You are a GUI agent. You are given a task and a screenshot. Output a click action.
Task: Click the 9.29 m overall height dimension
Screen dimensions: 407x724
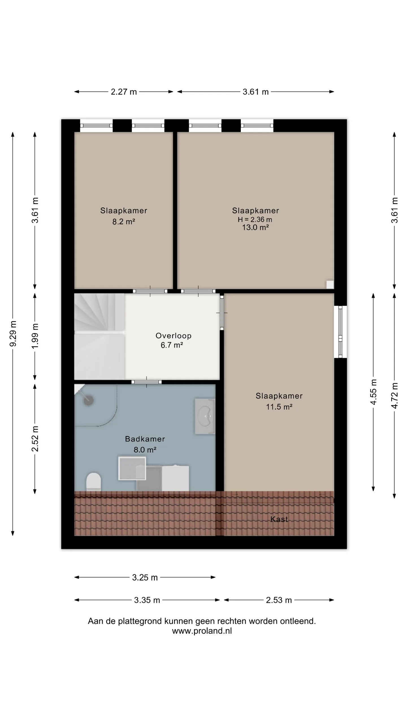point(13,334)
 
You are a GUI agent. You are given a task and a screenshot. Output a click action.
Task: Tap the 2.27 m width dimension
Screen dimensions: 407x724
point(124,92)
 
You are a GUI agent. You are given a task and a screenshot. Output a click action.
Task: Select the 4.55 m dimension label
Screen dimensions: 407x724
point(373,392)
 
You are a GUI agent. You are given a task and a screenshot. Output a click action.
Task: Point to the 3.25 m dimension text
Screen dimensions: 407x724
point(145,578)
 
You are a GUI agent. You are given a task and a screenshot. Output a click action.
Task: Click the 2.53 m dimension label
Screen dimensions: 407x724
point(279,600)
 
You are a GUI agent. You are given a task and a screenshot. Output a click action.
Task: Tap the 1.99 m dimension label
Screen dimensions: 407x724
point(35,336)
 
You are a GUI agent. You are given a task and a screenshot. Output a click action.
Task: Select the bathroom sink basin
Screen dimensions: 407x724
point(205,416)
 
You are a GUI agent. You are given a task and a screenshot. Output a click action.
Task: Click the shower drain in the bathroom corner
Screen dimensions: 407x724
point(88,400)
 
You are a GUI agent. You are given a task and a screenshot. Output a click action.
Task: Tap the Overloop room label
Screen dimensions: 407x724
point(173,336)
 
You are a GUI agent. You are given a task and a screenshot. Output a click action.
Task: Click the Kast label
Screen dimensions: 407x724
point(279,519)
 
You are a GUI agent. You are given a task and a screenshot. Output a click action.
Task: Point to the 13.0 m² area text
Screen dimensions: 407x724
point(255,227)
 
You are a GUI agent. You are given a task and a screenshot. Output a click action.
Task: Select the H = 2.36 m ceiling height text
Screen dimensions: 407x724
point(255,219)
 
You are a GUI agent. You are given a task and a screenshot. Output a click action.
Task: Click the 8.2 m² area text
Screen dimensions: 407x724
point(124,222)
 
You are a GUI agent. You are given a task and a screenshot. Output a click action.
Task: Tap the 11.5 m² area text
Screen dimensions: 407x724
point(279,407)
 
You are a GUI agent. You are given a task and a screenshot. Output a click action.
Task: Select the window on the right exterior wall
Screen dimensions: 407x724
point(341,332)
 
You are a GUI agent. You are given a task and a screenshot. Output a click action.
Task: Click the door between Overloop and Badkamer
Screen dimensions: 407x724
point(146,382)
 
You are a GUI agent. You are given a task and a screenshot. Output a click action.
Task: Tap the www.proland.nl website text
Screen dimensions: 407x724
point(202,631)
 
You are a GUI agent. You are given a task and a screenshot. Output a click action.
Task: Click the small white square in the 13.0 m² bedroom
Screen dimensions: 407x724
point(330,285)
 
